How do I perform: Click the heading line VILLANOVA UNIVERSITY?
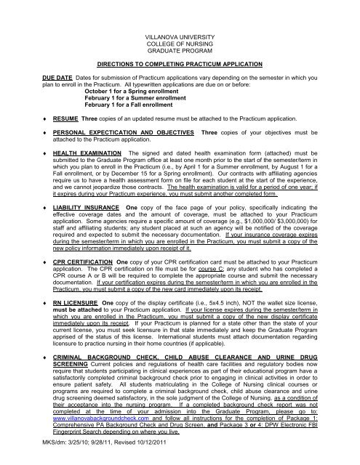(x=180, y=35)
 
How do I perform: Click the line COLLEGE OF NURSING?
(x=180, y=42)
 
